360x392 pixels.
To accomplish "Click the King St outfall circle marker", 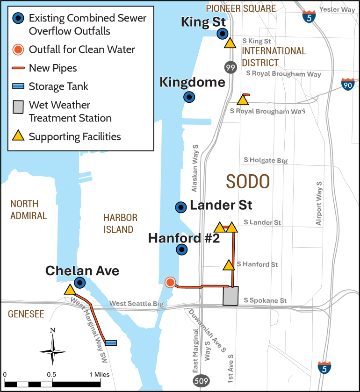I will pyautogui.click(x=223, y=33).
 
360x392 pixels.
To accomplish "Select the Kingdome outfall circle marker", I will pyautogui.click(x=189, y=97).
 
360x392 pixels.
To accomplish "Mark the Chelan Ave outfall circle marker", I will pyautogui.click(x=80, y=282).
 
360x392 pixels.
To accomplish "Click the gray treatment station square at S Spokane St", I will pyautogui.click(x=230, y=296).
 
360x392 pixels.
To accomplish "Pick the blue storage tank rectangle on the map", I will pyautogui.click(x=111, y=343).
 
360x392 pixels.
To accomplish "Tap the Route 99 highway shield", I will pyautogui.click(x=230, y=67).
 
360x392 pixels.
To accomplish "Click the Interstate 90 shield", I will pyautogui.click(x=347, y=85).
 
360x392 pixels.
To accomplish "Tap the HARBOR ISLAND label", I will pyautogui.click(x=121, y=224).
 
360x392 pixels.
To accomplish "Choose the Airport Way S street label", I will pyautogui.click(x=319, y=203).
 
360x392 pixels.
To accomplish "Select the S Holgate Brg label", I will pyautogui.click(x=266, y=160).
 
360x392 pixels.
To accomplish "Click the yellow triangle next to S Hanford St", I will pyautogui.click(x=229, y=265).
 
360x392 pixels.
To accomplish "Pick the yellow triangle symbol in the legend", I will pyautogui.click(x=18, y=136).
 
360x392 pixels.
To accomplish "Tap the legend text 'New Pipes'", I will pyautogui.click(x=53, y=68).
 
